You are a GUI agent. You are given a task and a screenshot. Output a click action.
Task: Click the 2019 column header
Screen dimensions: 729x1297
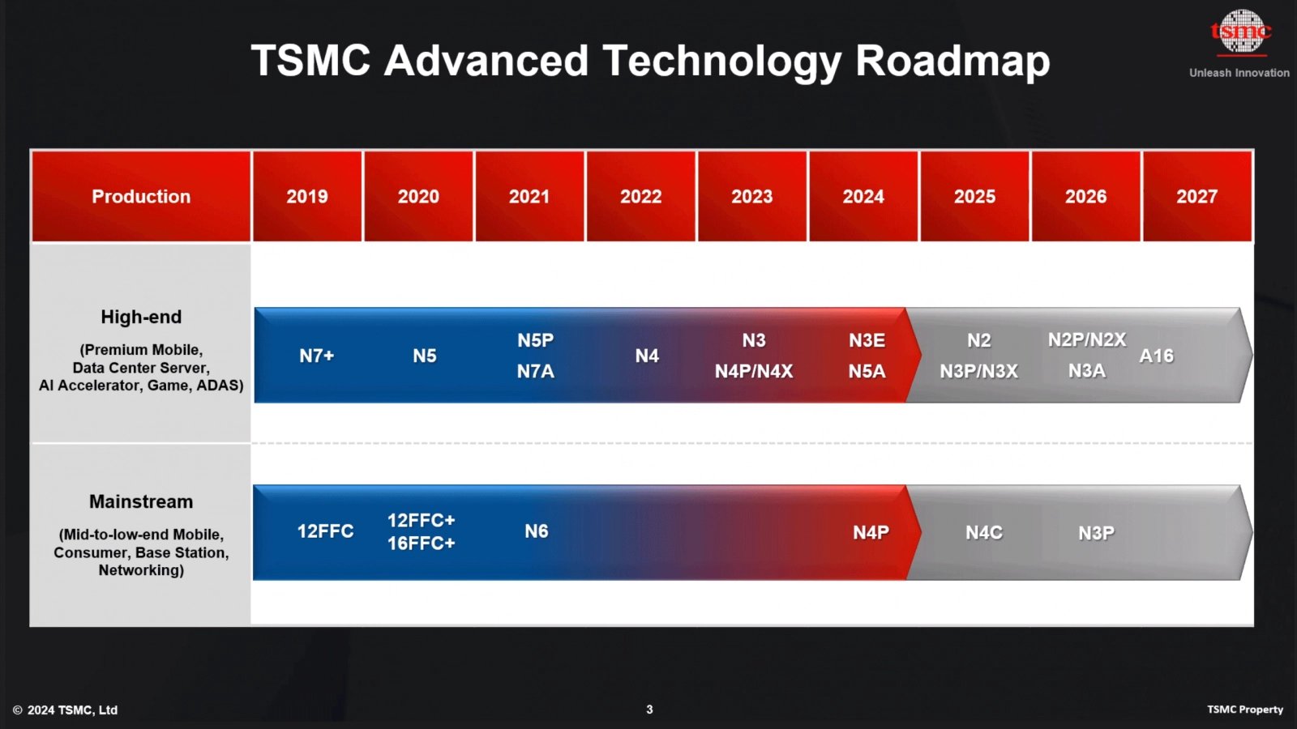(307, 197)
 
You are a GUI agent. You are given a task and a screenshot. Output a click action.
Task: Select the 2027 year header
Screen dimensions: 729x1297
(1196, 197)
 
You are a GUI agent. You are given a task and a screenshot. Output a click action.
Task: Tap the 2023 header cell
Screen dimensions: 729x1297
(752, 197)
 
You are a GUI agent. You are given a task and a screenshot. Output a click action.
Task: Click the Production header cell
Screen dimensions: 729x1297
(141, 197)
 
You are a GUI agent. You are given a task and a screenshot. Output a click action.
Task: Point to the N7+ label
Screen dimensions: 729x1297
(317, 356)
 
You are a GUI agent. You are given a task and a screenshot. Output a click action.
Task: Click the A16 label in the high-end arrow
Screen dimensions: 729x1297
(1157, 356)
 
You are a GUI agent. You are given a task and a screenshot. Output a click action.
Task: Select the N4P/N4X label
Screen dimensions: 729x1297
(754, 371)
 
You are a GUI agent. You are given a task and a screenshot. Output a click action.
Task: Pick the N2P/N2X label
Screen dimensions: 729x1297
(1086, 340)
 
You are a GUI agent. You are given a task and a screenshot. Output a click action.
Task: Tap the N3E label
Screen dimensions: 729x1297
(867, 340)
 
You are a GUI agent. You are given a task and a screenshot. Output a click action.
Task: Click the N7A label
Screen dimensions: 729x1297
(536, 371)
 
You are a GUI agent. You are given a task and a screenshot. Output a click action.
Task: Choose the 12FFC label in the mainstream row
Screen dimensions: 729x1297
(325, 531)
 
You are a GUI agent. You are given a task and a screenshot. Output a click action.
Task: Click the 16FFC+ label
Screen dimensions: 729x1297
(421, 544)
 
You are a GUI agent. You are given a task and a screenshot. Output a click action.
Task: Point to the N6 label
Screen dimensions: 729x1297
(537, 531)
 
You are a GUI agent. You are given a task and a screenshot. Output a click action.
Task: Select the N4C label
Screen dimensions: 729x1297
(984, 532)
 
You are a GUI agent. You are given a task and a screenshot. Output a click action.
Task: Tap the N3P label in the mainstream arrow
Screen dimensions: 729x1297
(1096, 532)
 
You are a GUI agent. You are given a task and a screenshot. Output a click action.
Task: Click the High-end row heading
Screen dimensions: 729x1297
(141, 317)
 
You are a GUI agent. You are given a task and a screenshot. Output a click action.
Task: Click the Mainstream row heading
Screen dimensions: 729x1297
(141, 501)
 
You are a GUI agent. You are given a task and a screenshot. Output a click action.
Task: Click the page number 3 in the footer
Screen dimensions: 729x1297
(649, 710)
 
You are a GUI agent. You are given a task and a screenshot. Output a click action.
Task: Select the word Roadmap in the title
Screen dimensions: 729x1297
(952, 62)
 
